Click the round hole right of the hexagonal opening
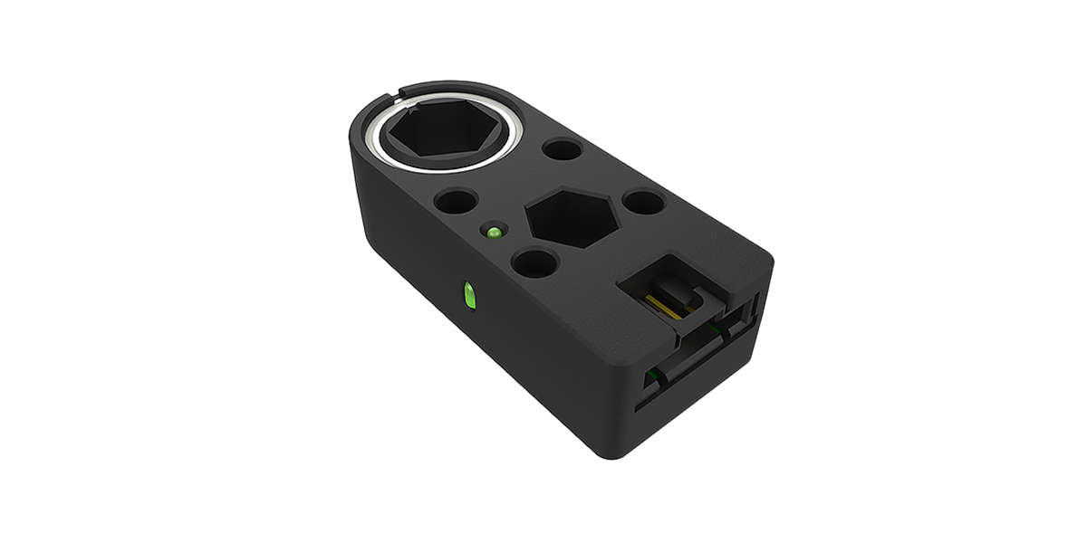pos(643,202)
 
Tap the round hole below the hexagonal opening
pos(534,263)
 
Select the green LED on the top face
pos(494,233)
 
